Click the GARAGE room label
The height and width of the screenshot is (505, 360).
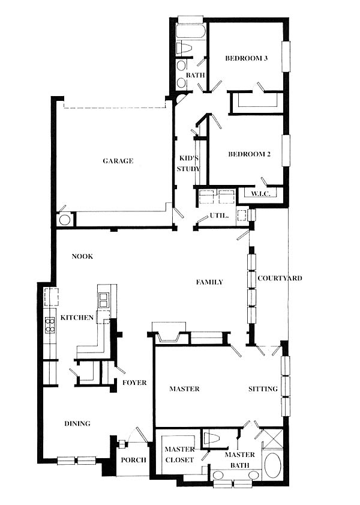[118, 161]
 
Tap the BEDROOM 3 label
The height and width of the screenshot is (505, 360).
[247, 58]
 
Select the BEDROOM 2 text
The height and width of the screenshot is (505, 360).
[250, 154]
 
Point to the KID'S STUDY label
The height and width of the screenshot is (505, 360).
[188, 163]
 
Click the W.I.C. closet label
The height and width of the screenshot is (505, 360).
[260, 194]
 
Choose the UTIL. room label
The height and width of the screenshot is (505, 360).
[220, 216]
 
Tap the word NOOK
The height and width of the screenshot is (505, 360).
[82, 256]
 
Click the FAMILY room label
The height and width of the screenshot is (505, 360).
[209, 282]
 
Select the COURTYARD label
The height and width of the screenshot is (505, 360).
[280, 278]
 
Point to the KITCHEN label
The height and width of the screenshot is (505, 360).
[77, 318]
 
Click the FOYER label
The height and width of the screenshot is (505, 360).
[134, 383]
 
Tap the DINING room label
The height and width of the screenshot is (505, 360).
[77, 423]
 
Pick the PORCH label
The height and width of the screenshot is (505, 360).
[134, 460]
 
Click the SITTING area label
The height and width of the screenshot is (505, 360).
[263, 389]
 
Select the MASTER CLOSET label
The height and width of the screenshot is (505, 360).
[179, 455]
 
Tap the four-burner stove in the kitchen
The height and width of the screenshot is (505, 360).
[50, 325]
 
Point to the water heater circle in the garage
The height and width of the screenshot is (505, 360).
[65, 220]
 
